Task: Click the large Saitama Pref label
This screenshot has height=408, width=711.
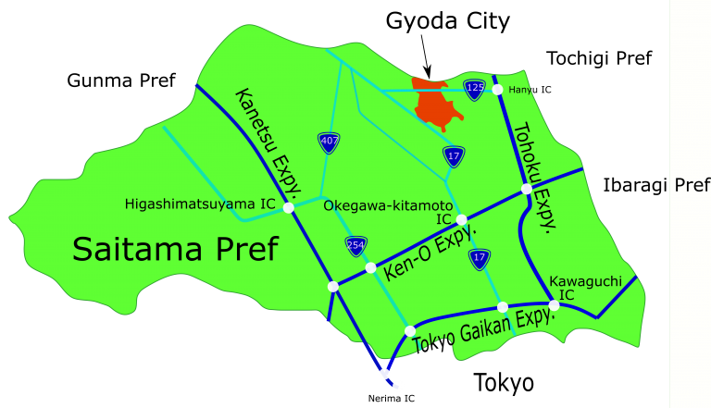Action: [x=175, y=249]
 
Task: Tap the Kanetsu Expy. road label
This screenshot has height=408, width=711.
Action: [x=268, y=143]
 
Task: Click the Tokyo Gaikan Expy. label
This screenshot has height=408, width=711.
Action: [x=484, y=329]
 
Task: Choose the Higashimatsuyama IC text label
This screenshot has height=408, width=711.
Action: [x=200, y=204]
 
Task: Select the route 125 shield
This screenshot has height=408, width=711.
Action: [x=474, y=89]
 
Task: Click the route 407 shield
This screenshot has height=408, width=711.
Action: [x=329, y=142]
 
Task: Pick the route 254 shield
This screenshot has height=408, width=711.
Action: [x=355, y=245]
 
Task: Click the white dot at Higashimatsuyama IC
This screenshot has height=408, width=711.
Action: [x=288, y=207]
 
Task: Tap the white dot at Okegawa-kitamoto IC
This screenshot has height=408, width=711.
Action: [x=461, y=219]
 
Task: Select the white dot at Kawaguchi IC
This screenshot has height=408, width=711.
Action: [x=554, y=304]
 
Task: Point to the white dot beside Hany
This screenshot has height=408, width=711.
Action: [x=497, y=90]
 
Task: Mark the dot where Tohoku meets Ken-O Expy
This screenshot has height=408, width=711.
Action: [x=527, y=189]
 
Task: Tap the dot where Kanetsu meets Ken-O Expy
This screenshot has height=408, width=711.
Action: [x=333, y=286]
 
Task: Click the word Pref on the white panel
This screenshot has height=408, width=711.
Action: [x=692, y=185]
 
